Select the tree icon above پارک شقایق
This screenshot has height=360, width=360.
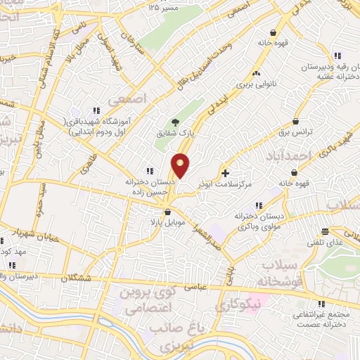click(175, 121)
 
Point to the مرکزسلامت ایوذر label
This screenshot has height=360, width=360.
click(226, 184)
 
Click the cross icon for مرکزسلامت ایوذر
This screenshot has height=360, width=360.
click(225, 172)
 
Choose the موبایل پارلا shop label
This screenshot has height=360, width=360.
click(168, 222)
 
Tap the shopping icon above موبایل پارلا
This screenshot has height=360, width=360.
click(167, 212)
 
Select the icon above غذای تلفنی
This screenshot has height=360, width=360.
click(325, 231)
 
